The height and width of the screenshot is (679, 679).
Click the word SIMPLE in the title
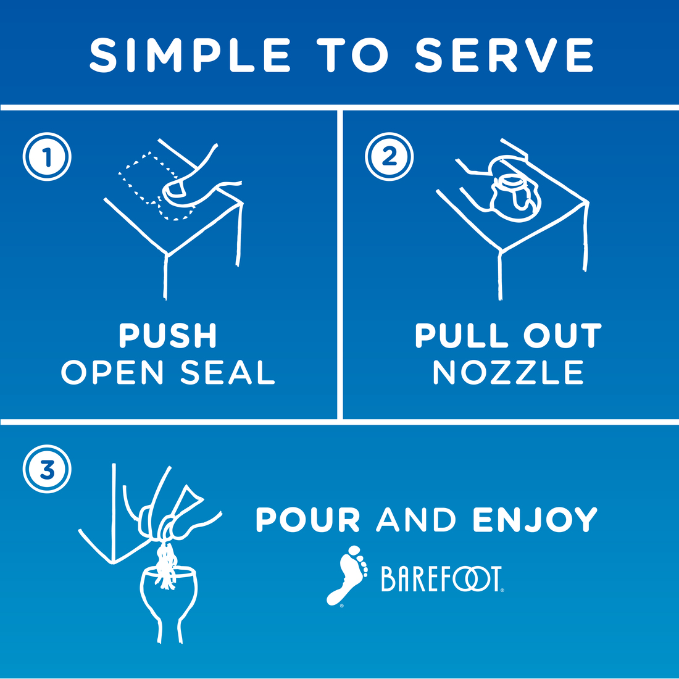190,55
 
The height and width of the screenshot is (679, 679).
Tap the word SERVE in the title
504,55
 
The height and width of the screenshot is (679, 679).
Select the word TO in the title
352,55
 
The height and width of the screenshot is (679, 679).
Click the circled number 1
47,157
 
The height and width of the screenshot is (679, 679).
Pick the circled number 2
389,157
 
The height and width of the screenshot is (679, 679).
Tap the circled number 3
47,469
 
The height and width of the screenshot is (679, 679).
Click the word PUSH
168,336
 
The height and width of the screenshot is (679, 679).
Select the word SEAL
228,372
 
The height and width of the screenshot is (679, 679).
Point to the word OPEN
112,372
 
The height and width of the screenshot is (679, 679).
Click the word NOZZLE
509,372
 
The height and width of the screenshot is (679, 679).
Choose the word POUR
308,519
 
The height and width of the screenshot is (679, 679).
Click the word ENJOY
535,519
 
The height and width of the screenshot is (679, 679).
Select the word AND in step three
416,519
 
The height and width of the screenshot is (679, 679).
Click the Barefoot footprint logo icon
347,575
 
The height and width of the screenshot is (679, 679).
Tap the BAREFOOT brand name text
442,578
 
